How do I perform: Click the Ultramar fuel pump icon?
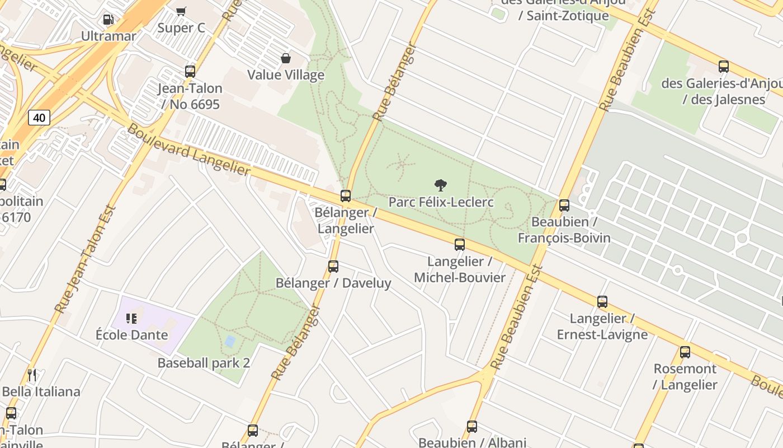[x=108, y=20]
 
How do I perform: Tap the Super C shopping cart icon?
[x=181, y=11]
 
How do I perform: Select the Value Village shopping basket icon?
[x=286, y=58]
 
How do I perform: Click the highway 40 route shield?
[x=39, y=118]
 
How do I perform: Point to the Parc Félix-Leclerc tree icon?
[x=441, y=185]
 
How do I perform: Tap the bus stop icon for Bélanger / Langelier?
[x=346, y=196]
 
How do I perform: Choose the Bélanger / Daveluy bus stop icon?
[x=333, y=267]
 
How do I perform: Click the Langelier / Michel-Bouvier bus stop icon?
[x=460, y=245]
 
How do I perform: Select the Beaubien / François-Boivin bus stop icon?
[x=564, y=206]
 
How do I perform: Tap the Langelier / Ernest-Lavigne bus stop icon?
[x=602, y=302]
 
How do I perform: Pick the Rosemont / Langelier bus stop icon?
[x=685, y=352]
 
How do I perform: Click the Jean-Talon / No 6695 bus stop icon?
[x=190, y=72]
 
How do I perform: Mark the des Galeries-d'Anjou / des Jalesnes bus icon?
[x=724, y=67]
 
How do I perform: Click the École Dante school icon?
[x=131, y=319]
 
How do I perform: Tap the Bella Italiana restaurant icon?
[x=32, y=375]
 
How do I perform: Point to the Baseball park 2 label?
[x=204, y=363]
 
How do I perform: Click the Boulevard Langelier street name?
[x=189, y=150]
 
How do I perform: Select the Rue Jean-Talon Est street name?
[x=86, y=259]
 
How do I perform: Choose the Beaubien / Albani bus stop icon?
[x=472, y=427]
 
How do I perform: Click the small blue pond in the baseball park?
[x=230, y=340]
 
